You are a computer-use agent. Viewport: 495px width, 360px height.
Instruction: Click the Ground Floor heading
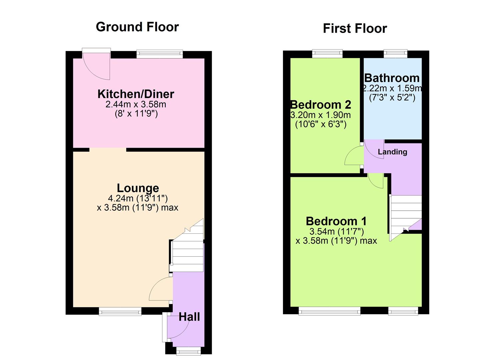pyautogui.click(x=137, y=27)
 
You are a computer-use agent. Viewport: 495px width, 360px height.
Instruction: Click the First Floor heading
pyautogui.click(x=355, y=29)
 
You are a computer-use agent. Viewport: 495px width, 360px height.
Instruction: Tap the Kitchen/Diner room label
pyautogui.click(x=136, y=94)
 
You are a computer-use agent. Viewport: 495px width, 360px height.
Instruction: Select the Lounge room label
pyautogui.click(x=138, y=188)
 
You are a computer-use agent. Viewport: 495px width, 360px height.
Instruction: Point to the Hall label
pyautogui.click(x=189, y=317)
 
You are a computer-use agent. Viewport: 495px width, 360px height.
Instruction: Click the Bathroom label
pyautogui.click(x=392, y=78)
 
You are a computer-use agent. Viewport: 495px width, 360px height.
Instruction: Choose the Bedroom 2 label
pyautogui.click(x=321, y=105)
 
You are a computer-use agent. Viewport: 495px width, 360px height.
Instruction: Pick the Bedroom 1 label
pyautogui.click(x=336, y=221)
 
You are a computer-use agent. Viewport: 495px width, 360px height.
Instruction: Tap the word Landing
pyautogui.click(x=392, y=152)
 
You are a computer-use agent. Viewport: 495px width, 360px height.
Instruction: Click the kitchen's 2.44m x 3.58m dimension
pyautogui.click(x=136, y=105)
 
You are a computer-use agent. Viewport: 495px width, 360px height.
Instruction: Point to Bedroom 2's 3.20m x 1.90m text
pyautogui.click(x=321, y=115)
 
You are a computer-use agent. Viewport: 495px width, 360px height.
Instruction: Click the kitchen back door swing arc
pyautogui.click(x=97, y=68)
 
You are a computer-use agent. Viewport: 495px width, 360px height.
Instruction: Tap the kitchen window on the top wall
pyautogui.click(x=160, y=54)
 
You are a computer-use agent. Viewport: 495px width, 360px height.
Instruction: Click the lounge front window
pyautogui.click(x=120, y=312)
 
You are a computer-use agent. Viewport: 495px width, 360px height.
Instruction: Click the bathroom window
pyautogui.click(x=395, y=53)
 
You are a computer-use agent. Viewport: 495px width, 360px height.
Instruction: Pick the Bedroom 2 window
pyautogui.click(x=327, y=53)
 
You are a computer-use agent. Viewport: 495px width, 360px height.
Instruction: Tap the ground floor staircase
pyautogui.click(x=187, y=250)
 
